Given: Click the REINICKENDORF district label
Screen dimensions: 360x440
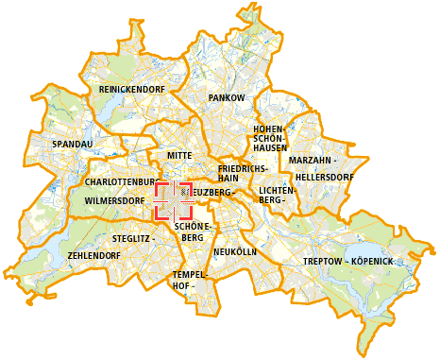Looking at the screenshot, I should coord(131,89).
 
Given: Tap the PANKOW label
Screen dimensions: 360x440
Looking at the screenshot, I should coord(227,97).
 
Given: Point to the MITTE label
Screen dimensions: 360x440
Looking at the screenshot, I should coord(178,155).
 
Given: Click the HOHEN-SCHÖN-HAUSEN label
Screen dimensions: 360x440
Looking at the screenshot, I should coord(270,138).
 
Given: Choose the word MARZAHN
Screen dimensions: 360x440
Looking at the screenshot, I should coord(309,161).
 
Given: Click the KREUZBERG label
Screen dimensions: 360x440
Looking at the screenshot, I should coord(210,193).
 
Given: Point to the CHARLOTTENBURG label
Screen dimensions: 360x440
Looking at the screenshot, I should coord(120,180).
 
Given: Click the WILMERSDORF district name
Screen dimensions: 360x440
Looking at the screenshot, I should coord(114,201).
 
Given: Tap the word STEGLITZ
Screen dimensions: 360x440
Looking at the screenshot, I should coord(130,240).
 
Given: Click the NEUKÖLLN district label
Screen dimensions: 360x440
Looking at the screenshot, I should coord(235,252).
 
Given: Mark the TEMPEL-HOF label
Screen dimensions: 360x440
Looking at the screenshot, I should coord(183,280).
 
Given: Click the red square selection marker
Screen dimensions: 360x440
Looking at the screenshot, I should coord(173,201).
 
